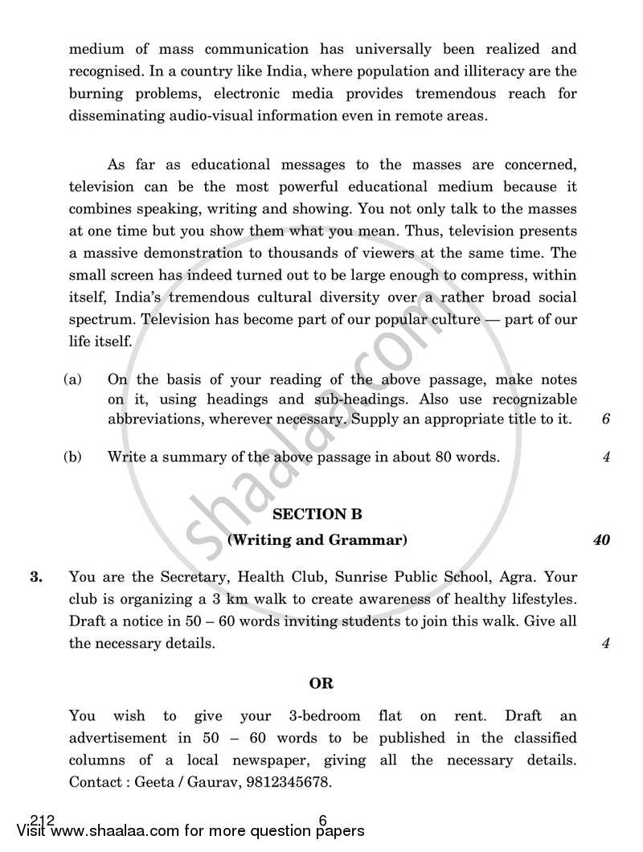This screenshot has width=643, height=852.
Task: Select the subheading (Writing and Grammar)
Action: (x=317, y=540)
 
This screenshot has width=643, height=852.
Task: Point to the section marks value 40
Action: (x=601, y=540)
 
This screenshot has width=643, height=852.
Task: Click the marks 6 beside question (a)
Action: (x=605, y=420)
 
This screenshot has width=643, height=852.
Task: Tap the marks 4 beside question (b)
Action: (x=605, y=457)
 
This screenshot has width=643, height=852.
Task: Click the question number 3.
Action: (x=35, y=577)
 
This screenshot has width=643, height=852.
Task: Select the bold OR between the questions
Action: (x=321, y=684)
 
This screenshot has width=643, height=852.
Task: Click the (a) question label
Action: (x=72, y=379)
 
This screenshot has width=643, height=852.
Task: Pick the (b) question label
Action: (x=72, y=457)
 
